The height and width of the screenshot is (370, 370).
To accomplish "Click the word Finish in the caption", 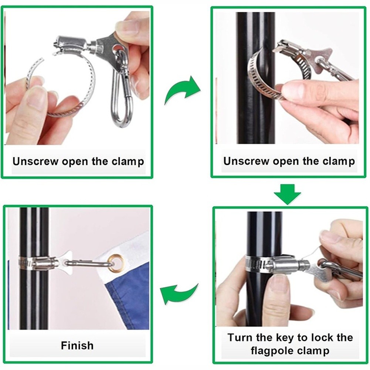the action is click(77, 346).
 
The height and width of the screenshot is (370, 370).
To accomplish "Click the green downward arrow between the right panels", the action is click(287, 194).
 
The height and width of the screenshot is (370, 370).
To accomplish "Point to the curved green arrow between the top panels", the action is click(182, 91).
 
